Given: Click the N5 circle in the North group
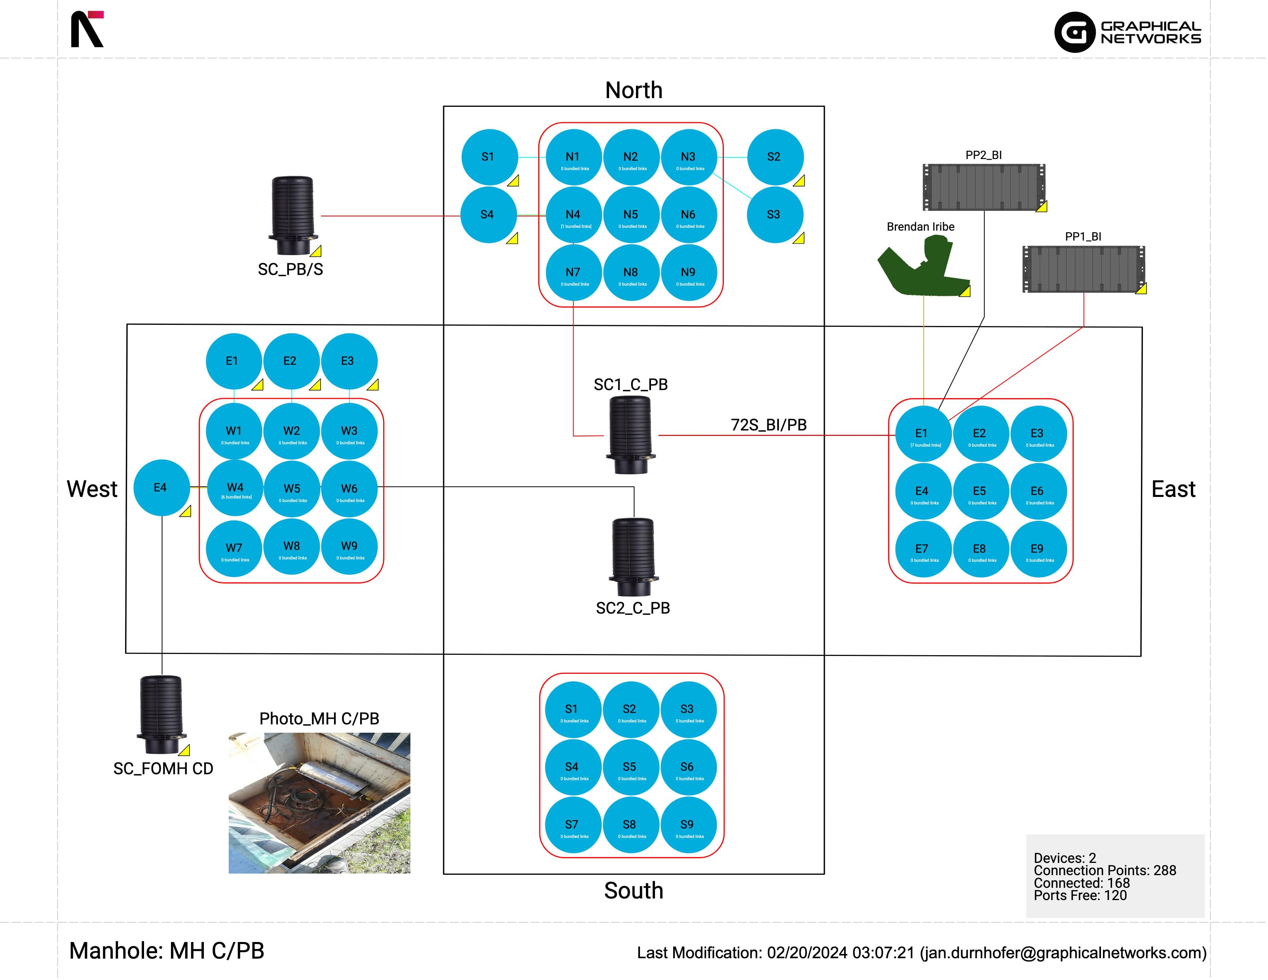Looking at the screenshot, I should pos(631,215).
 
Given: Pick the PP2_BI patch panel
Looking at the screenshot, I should pos(983,187).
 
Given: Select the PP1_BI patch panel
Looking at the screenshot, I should pos(1083,269).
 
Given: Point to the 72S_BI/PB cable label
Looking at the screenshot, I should pos(768,425).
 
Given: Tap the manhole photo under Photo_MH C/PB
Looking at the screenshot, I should pos(319,803).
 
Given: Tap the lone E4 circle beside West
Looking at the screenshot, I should pos(161,488).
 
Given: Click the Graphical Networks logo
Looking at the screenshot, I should pos(1128,32).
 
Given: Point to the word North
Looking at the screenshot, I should pos(634,91).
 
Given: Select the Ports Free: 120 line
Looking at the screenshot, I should pos(1080,896).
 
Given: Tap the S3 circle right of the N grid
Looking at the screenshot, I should pos(774,215).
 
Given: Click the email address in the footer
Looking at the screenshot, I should pos(1063,953).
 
